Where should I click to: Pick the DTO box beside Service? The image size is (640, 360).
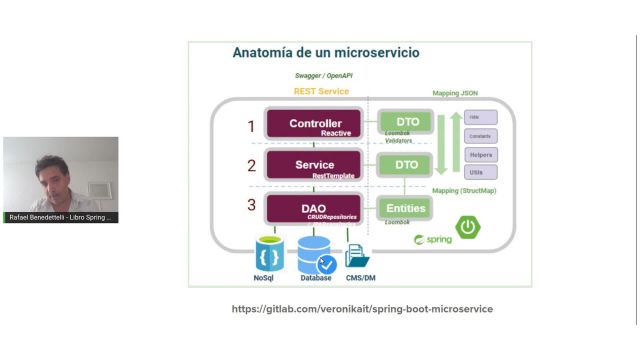pyautogui.click(x=406, y=165)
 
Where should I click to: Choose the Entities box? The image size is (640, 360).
pyautogui.click(x=405, y=208)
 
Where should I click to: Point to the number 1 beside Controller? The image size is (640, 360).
pyautogui.click(x=252, y=126)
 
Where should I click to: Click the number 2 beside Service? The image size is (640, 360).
pyautogui.click(x=252, y=166)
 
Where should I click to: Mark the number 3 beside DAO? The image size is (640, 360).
pyautogui.click(x=252, y=208)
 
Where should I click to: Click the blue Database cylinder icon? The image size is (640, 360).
pyautogui.click(x=316, y=254)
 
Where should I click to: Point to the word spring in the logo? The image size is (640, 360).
pyautogui.click(x=437, y=240)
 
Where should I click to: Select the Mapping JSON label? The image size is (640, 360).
pyautogui.click(x=455, y=93)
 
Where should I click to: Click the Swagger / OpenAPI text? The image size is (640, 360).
pyautogui.click(x=323, y=75)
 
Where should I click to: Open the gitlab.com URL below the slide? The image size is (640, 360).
pyautogui.click(x=362, y=309)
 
